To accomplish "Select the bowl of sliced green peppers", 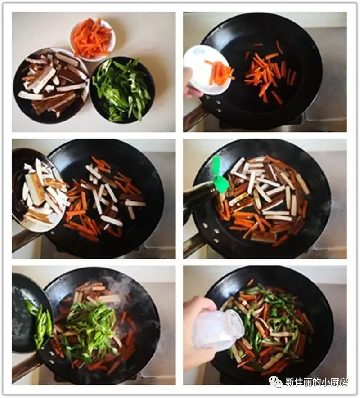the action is click(122, 90).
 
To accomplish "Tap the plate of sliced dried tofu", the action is click(50, 85).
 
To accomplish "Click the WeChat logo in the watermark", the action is click(275, 381).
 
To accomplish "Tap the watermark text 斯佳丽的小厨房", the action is click(316, 382).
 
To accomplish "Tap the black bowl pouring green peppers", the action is click(32, 313).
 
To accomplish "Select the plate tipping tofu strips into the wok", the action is click(38, 190).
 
